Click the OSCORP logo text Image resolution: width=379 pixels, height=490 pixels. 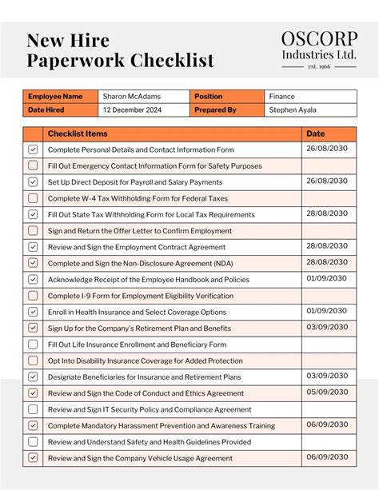pos(318,39)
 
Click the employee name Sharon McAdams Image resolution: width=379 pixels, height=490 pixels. pos(131,97)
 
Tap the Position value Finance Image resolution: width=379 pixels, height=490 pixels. pos(282,97)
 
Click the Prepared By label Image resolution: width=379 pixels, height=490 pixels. pos(215,110)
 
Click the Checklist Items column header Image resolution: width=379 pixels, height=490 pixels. pos(78,133)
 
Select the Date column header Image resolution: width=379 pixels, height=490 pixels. pos(316,133)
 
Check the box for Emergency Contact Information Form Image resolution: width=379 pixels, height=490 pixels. pos(33,165)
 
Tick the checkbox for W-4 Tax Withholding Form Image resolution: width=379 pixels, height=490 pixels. pos(33,198)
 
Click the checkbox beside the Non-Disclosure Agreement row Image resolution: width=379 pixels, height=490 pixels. pos(33,263)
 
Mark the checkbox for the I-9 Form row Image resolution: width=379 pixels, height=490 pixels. pos(33,296)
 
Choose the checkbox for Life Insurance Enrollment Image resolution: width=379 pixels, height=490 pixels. pos(33,345)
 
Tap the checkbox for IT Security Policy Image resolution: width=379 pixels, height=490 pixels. pos(33,409)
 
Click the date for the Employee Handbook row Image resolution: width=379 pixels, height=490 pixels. pos(326,278)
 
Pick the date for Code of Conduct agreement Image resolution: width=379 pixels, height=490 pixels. pos(326,392)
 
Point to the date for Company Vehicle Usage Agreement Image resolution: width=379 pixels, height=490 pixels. pos(326,456)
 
